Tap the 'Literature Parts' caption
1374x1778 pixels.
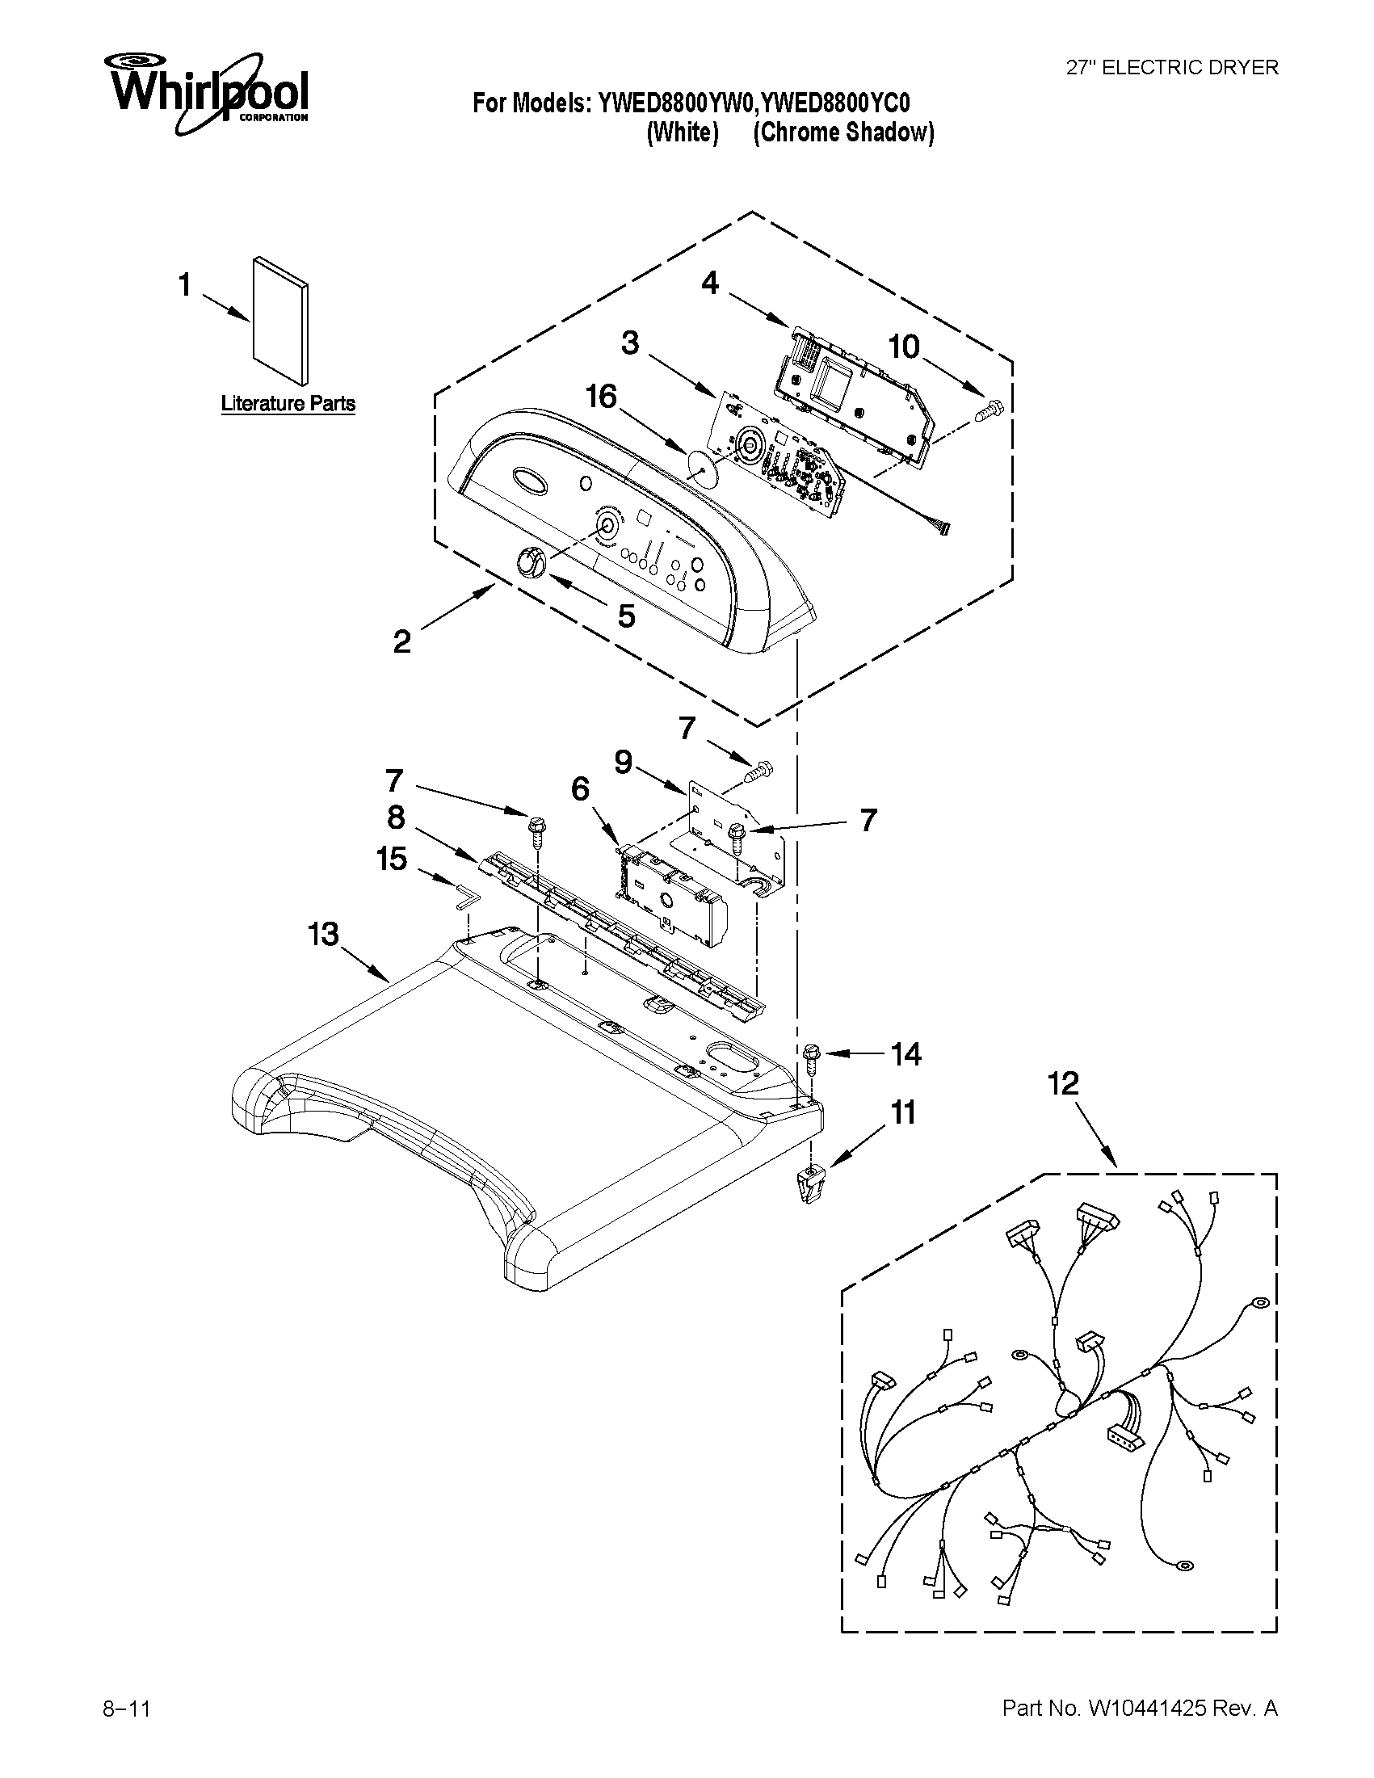[288, 404]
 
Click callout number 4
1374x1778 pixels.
[710, 284]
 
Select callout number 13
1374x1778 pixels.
[323, 934]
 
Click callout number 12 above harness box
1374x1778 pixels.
[1063, 1083]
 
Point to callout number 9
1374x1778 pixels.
[623, 762]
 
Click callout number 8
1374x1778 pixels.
[396, 817]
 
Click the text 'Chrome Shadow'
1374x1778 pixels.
[843, 132]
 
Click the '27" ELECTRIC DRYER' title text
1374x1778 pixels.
[1172, 69]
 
